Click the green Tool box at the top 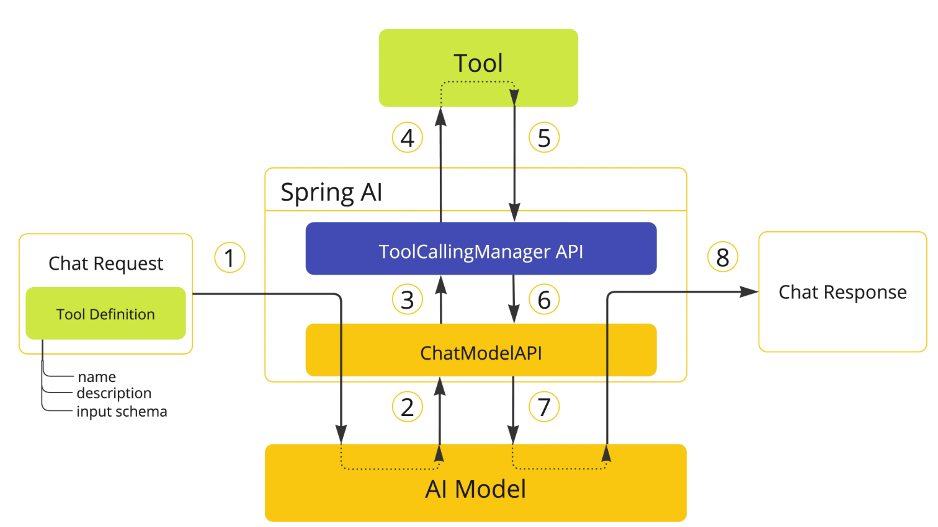478,68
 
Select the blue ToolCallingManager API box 481,249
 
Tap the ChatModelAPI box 481,350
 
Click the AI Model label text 475,489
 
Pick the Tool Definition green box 105,313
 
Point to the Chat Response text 842,292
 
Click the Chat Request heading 105,263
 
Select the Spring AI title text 331,193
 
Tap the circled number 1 230,257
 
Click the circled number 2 408,407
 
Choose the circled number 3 408,299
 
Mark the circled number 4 408,137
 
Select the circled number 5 544,137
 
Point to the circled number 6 544,299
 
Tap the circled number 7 544,407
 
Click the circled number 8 723,257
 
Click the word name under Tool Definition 97,377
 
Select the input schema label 122,412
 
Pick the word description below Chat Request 114,394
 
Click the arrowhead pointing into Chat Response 749,292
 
